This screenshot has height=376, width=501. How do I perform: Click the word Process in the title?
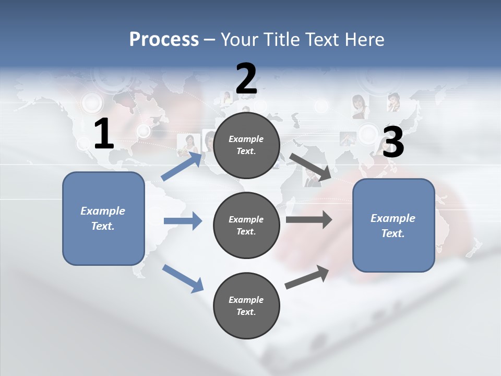pos(164,40)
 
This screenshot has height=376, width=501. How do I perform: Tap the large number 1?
pos(104,134)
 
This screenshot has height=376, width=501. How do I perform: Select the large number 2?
pos(246,79)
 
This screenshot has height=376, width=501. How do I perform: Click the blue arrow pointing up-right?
pos(181,166)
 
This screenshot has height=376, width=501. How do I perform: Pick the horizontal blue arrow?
pos(183,221)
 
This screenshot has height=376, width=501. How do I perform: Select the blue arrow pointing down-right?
pos(183,278)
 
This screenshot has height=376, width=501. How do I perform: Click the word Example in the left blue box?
pos(103,211)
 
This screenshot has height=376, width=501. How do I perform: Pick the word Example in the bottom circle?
pos(246,300)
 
